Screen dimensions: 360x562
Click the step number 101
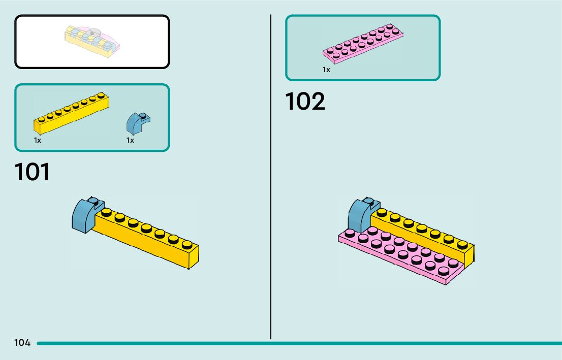coord(33,172)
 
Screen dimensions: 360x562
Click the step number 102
coord(305,102)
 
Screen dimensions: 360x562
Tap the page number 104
coord(22,343)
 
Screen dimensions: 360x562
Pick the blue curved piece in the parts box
coord(137,122)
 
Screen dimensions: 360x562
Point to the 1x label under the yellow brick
coord(38,141)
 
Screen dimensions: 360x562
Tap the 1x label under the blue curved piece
coord(130,141)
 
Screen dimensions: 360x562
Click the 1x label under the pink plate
coord(326,70)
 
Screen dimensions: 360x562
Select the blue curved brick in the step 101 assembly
coord(82,216)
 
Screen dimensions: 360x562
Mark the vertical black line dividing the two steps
coord(271,178)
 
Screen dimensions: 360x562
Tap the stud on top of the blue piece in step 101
coord(93,200)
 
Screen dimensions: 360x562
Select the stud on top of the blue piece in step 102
coord(369,202)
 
